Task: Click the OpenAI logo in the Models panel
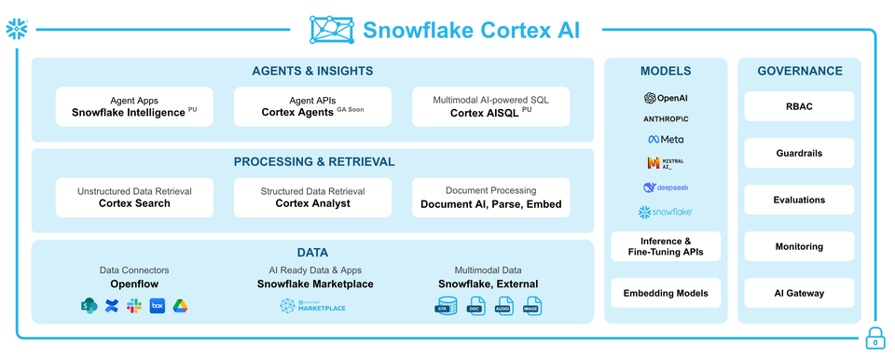point(666,98)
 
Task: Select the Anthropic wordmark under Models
point(666,119)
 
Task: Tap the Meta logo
point(666,139)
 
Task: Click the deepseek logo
point(666,187)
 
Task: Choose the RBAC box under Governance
point(799,106)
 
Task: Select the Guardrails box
point(799,153)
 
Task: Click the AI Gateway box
point(799,293)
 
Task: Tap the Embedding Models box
point(666,293)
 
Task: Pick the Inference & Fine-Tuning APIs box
point(666,246)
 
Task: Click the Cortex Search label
point(134,203)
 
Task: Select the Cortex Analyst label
point(312,203)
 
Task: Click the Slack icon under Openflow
point(134,306)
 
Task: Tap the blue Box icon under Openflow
point(157,306)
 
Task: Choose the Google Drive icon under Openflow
point(179,306)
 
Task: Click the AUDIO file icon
point(503,306)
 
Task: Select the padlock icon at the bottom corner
point(874,339)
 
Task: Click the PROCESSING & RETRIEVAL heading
point(314,161)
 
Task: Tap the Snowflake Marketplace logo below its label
point(314,306)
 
